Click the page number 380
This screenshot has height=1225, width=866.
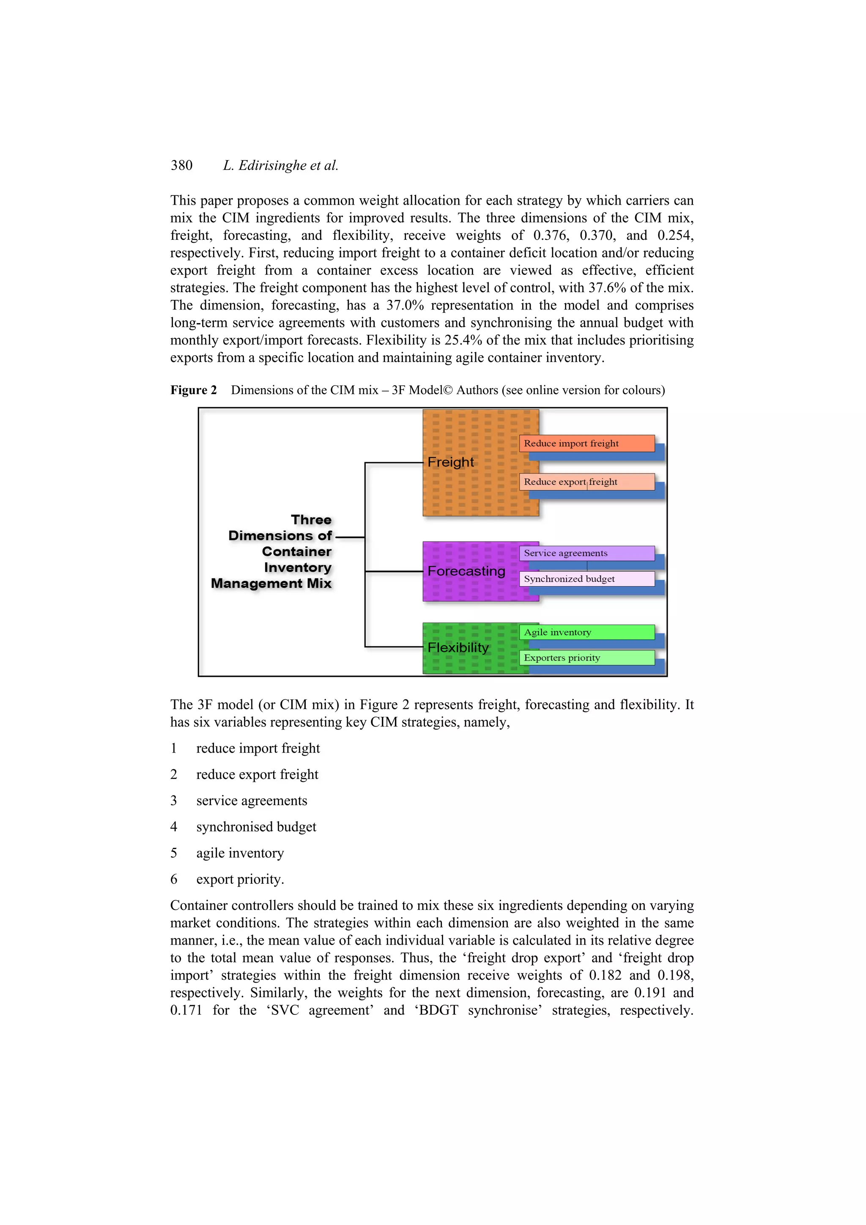click(x=181, y=165)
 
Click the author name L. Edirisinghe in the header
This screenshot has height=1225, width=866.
click(x=265, y=165)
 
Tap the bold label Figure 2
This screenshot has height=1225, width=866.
click(x=193, y=390)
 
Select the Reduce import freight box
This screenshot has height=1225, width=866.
click(x=586, y=444)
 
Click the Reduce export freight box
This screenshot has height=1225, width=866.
click(x=586, y=482)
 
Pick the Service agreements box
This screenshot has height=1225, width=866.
click(x=586, y=553)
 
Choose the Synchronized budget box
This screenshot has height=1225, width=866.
click(x=586, y=579)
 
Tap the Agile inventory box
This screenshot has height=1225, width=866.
click(x=586, y=632)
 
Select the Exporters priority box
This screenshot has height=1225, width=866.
click(x=586, y=658)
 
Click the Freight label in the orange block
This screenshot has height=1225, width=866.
click(x=450, y=462)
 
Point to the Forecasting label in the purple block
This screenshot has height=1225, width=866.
click(x=466, y=571)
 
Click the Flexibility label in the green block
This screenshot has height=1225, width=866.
click(x=458, y=647)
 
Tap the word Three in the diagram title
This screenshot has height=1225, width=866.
click(x=311, y=520)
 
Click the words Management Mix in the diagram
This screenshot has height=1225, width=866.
click(x=271, y=583)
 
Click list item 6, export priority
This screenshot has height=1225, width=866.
click(x=240, y=879)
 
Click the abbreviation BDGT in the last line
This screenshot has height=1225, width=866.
click(x=438, y=1010)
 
